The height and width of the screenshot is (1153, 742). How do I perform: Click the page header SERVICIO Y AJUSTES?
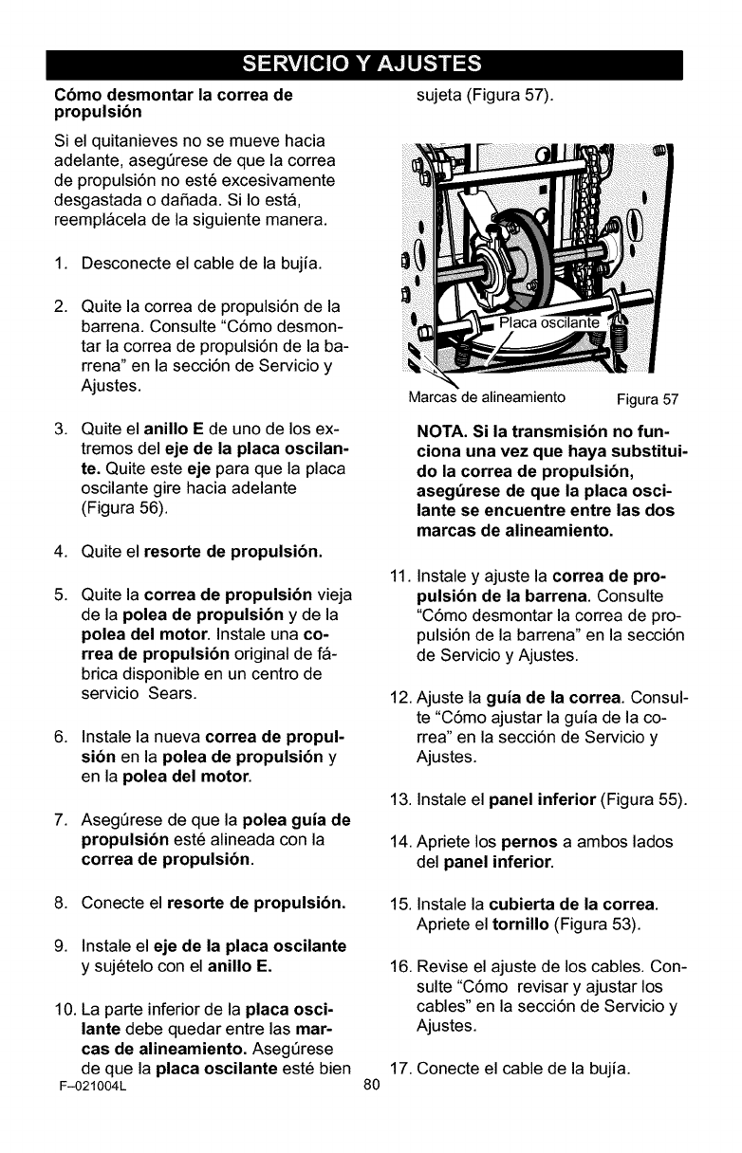point(370,65)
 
